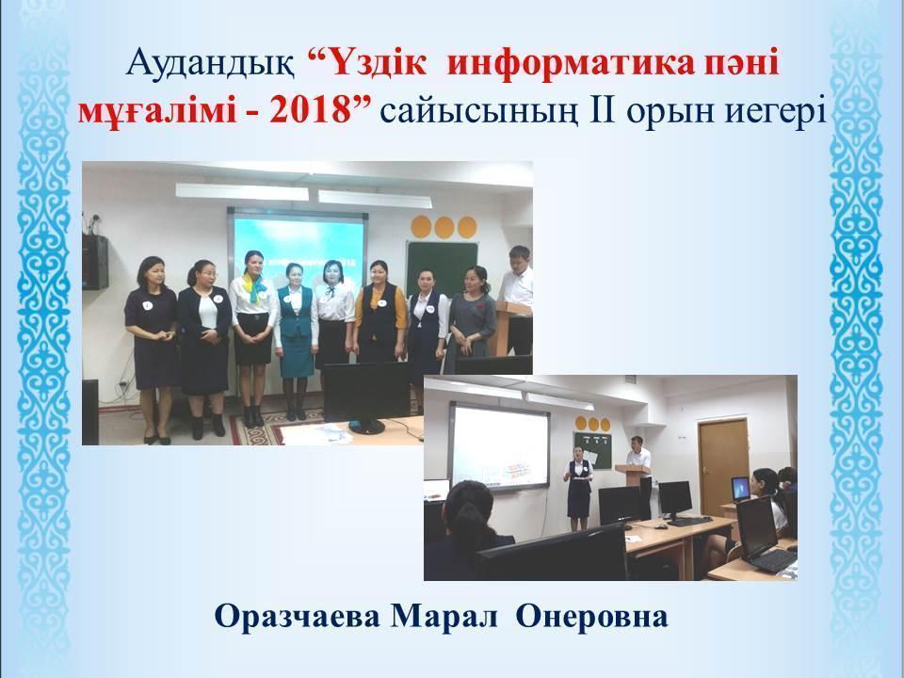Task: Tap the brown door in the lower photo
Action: [722, 461]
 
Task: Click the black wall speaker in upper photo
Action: [94, 259]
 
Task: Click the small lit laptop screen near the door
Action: [741, 488]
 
